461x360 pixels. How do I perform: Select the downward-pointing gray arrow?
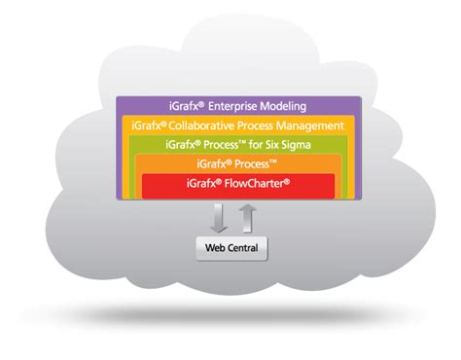[x=220, y=216]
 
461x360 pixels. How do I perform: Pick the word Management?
[x=310, y=126]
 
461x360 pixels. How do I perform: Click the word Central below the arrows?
[x=243, y=247]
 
